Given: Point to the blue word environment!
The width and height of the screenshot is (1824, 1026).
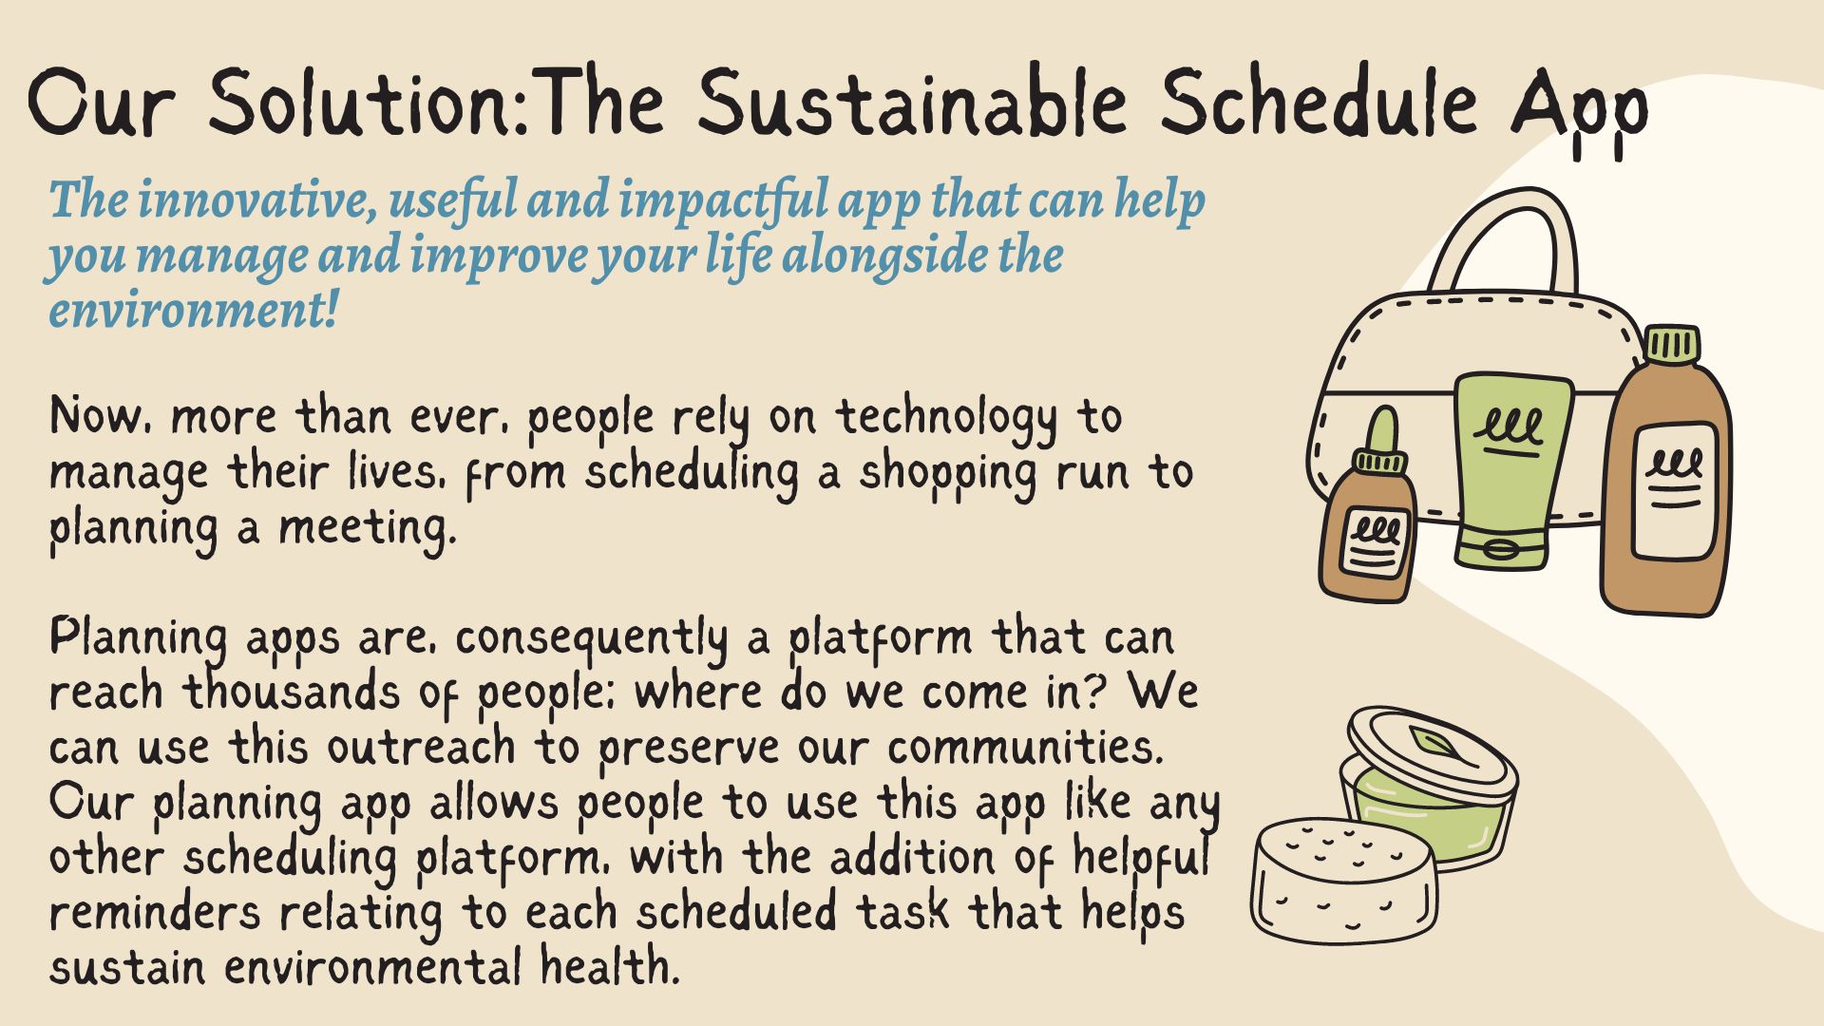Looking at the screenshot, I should click(194, 311).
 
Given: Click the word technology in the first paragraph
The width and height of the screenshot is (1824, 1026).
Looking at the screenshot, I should click(945, 419).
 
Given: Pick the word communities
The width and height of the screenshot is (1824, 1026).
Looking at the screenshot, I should click(1026, 748).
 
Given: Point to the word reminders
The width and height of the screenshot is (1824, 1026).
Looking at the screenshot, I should click(154, 913).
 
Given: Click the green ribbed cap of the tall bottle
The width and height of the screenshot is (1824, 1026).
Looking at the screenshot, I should click(1672, 345).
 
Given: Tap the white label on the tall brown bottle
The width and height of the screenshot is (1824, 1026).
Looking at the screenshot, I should click(1674, 489).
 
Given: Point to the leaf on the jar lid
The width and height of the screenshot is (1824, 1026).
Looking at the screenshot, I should click(1430, 741).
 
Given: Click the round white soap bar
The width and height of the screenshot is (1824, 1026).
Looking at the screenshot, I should click(1344, 879).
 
